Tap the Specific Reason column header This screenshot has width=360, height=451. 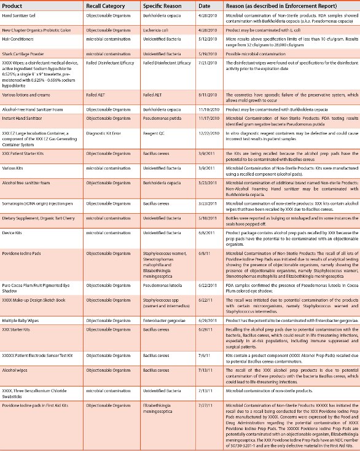(x=163, y=6)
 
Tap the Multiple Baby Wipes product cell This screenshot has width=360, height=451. (x=25, y=303)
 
